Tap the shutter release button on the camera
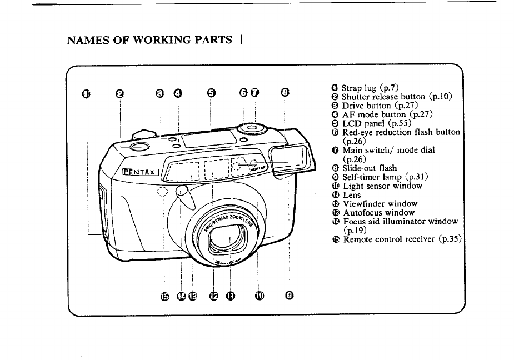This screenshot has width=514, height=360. [x=139, y=147]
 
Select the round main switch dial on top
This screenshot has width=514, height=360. [x=251, y=128]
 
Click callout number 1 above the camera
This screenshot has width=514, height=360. [x=85, y=93]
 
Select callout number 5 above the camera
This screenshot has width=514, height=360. [x=211, y=93]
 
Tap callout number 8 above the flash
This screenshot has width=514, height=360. [x=284, y=93]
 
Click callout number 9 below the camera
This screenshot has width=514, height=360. [x=289, y=296]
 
